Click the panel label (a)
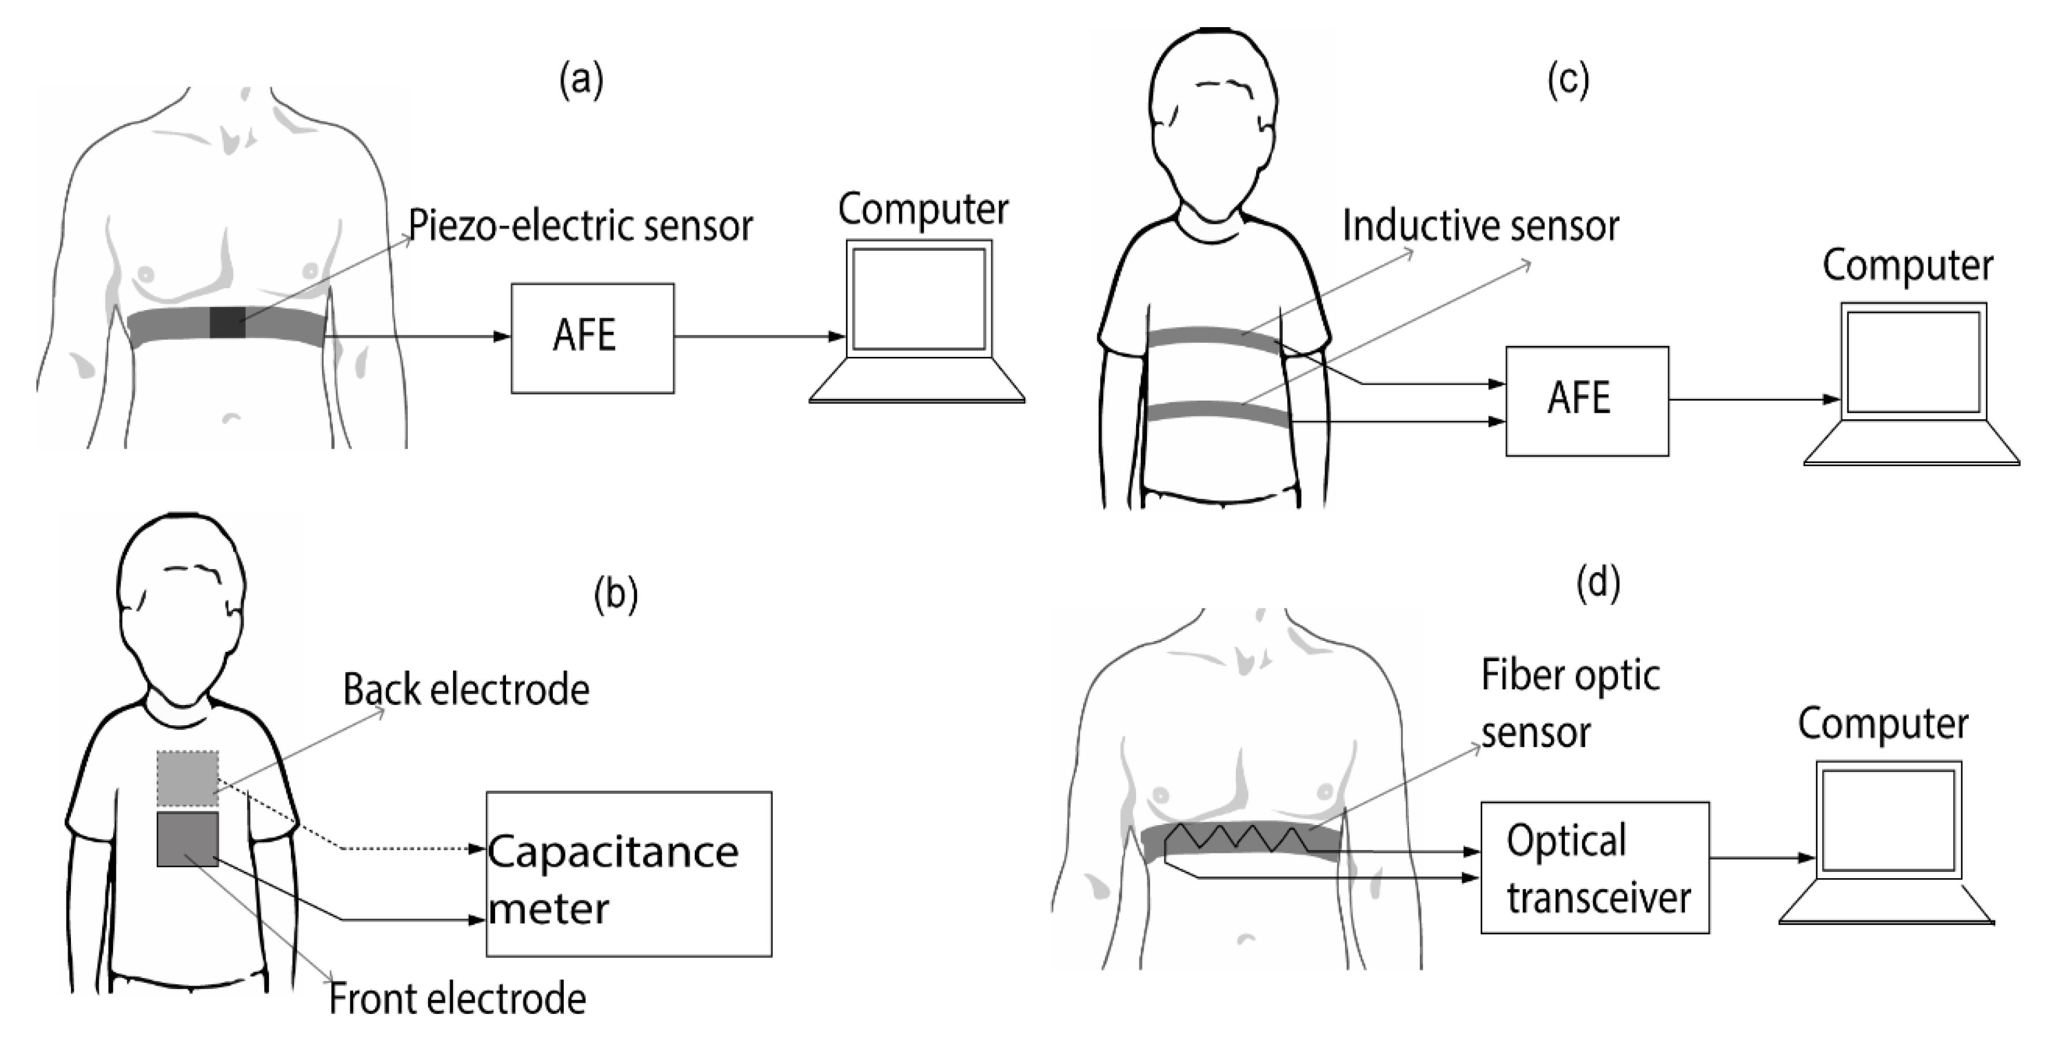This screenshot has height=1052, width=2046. [x=582, y=80]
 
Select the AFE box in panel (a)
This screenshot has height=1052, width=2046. [x=593, y=338]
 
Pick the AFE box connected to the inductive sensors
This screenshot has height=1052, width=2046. [x=1586, y=401]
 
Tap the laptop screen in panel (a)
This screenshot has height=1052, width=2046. [x=919, y=298]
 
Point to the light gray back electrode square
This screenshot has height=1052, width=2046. [x=188, y=778]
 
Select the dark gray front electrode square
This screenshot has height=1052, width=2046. [x=188, y=838]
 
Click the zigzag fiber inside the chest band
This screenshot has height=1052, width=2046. [x=1239, y=837]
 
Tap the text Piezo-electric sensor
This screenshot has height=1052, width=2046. [x=580, y=226]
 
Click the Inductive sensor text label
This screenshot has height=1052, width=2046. [x=1481, y=226]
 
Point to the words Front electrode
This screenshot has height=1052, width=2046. [x=458, y=999]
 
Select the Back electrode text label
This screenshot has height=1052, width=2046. [x=466, y=689]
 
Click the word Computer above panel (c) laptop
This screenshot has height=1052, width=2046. [x=1907, y=266]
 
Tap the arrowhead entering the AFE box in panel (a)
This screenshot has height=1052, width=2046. [x=502, y=337]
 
